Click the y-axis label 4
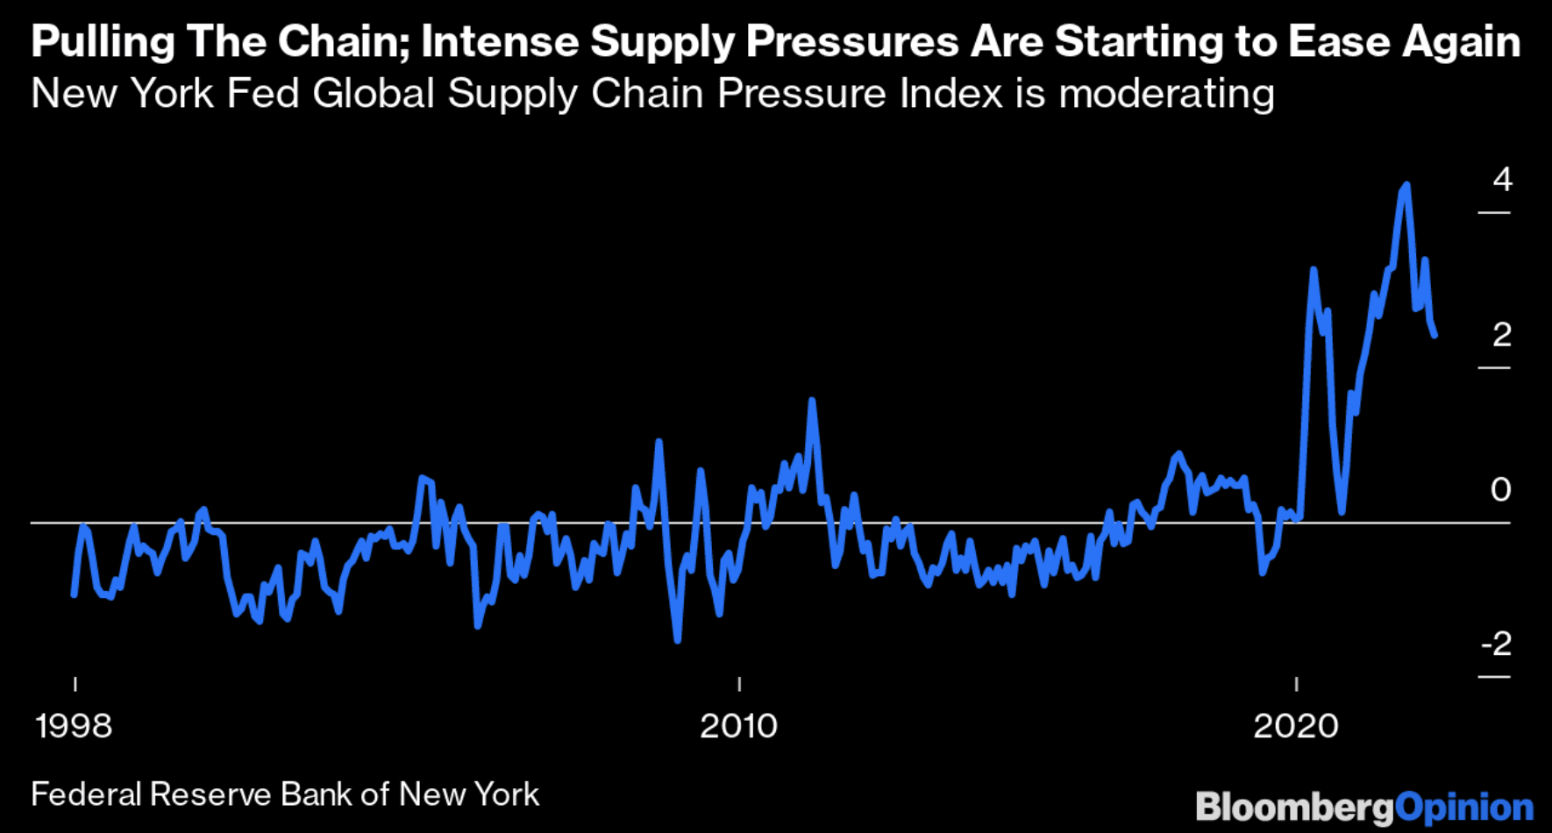click(1502, 180)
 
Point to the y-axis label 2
click(1502, 335)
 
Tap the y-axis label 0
click(1500, 489)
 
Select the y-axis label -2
click(1497, 644)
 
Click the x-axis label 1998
click(74, 726)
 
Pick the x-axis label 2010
click(738, 726)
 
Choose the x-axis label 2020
click(1296, 726)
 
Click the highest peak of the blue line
click(1406, 186)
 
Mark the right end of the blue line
click(1435, 335)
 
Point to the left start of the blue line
click(74, 595)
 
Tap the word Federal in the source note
click(86, 794)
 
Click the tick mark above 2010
click(739, 684)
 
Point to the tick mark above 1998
click(75, 684)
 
